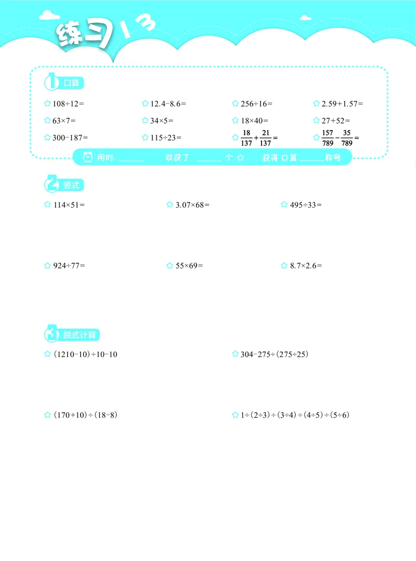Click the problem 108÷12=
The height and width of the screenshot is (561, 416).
click(68, 104)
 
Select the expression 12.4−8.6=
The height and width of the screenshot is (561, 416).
click(168, 104)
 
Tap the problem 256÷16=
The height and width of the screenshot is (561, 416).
click(256, 104)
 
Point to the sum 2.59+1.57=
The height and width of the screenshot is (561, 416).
click(342, 104)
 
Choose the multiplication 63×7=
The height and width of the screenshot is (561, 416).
click(64, 121)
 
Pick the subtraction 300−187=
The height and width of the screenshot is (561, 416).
click(70, 137)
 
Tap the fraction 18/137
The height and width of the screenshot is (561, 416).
click(246, 138)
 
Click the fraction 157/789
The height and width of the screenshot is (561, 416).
click(327, 138)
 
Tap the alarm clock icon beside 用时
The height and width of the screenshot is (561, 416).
click(87, 157)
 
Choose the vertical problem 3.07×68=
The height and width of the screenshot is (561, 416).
click(192, 205)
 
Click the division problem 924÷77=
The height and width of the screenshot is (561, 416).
click(69, 266)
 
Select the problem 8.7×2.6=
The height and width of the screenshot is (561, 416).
click(306, 266)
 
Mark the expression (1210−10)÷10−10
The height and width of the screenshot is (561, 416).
click(85, 354)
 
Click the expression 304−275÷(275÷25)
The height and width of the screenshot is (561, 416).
click(274, 354)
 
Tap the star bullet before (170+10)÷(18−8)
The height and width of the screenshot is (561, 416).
click(47, 415)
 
